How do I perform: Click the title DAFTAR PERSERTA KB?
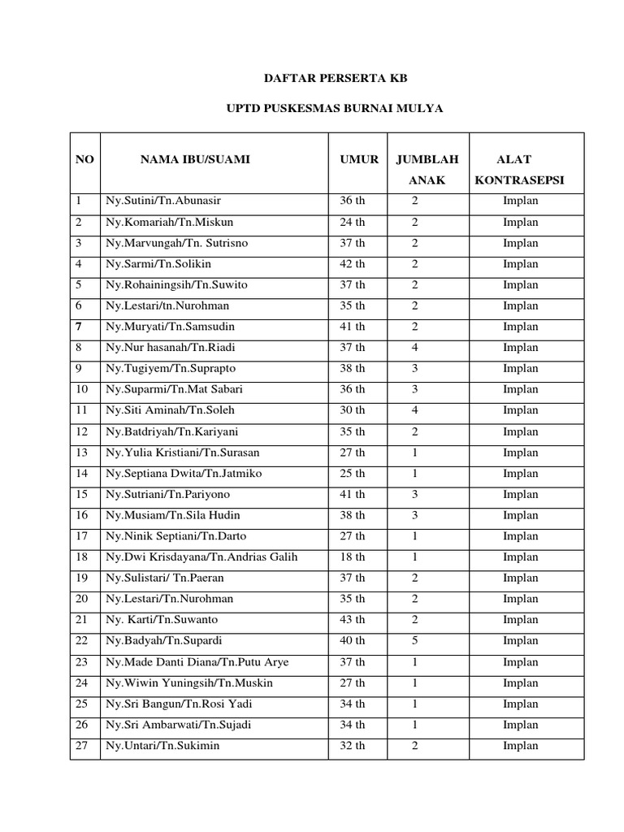tap(335, 79)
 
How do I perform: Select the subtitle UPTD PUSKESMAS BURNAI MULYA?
tap(334, 109)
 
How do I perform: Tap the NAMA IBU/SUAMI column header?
tap(195, 159)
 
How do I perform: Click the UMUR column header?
tap(359, 159)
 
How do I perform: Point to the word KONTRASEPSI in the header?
tap(519, 180)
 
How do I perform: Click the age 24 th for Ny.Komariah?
tap(353, 222)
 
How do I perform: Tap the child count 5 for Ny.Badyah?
tap(415, 641)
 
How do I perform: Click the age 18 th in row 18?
tap(353, 557)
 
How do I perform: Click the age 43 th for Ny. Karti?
tap(353, 620)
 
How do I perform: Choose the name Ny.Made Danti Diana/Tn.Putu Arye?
tap(197, 662)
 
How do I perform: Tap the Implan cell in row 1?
tap(520, 201)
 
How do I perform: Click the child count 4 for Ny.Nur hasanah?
tap(415, 348)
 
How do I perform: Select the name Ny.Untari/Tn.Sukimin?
tap(162, 746)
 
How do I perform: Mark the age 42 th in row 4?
tap(353, 264)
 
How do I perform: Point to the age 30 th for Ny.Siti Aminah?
tap(353, 410)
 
